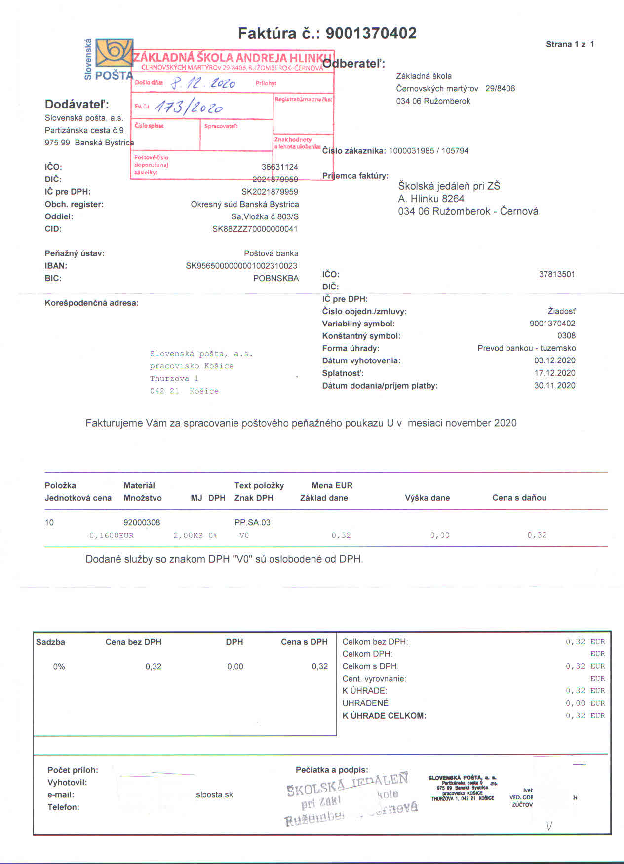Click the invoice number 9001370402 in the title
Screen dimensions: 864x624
tap(371, 34)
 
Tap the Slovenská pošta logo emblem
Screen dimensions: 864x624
tap(115, 53)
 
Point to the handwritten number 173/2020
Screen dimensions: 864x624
tap(188, 107)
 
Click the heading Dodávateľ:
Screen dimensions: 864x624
tap(77, 104)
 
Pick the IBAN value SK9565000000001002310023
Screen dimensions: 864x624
tap(241, 266)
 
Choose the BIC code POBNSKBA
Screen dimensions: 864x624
tap(275, 278)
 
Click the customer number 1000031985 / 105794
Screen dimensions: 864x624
tap(429, 151)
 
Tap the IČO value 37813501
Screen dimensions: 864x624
tap(557, 274)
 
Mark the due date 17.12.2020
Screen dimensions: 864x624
tap(554, 373)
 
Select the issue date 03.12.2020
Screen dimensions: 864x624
tap(554, 360)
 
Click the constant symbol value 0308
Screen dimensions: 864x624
tap(566, 336)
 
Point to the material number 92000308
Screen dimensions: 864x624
tap(142, 522)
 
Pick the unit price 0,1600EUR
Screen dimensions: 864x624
tap(112, 535)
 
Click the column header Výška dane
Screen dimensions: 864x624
tap(427, 498)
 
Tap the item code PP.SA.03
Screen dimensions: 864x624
tap(252, 522)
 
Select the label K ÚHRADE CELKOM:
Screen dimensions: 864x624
tap(384, 716)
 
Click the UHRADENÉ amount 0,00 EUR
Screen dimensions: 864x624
tap(585, 703)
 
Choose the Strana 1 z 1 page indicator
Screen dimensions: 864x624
tap(570, 44)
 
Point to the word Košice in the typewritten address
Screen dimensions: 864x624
tap(204, 391)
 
